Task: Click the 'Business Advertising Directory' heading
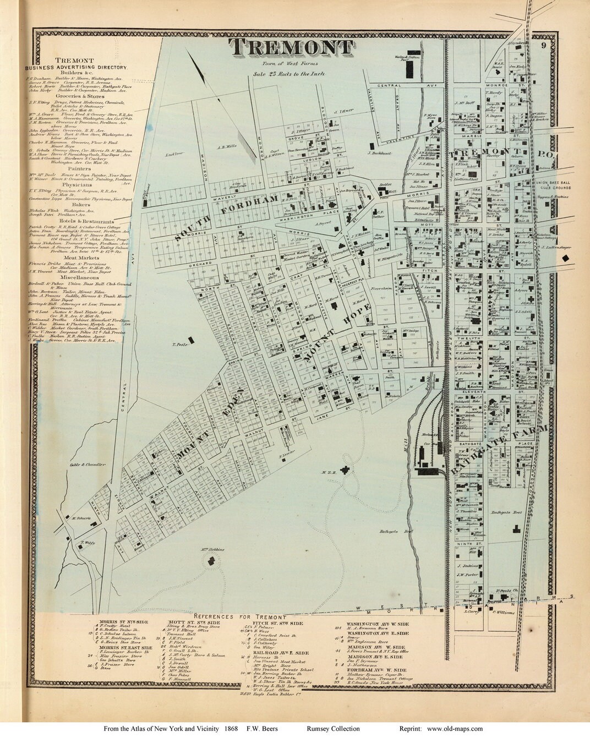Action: tap(76, 67)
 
